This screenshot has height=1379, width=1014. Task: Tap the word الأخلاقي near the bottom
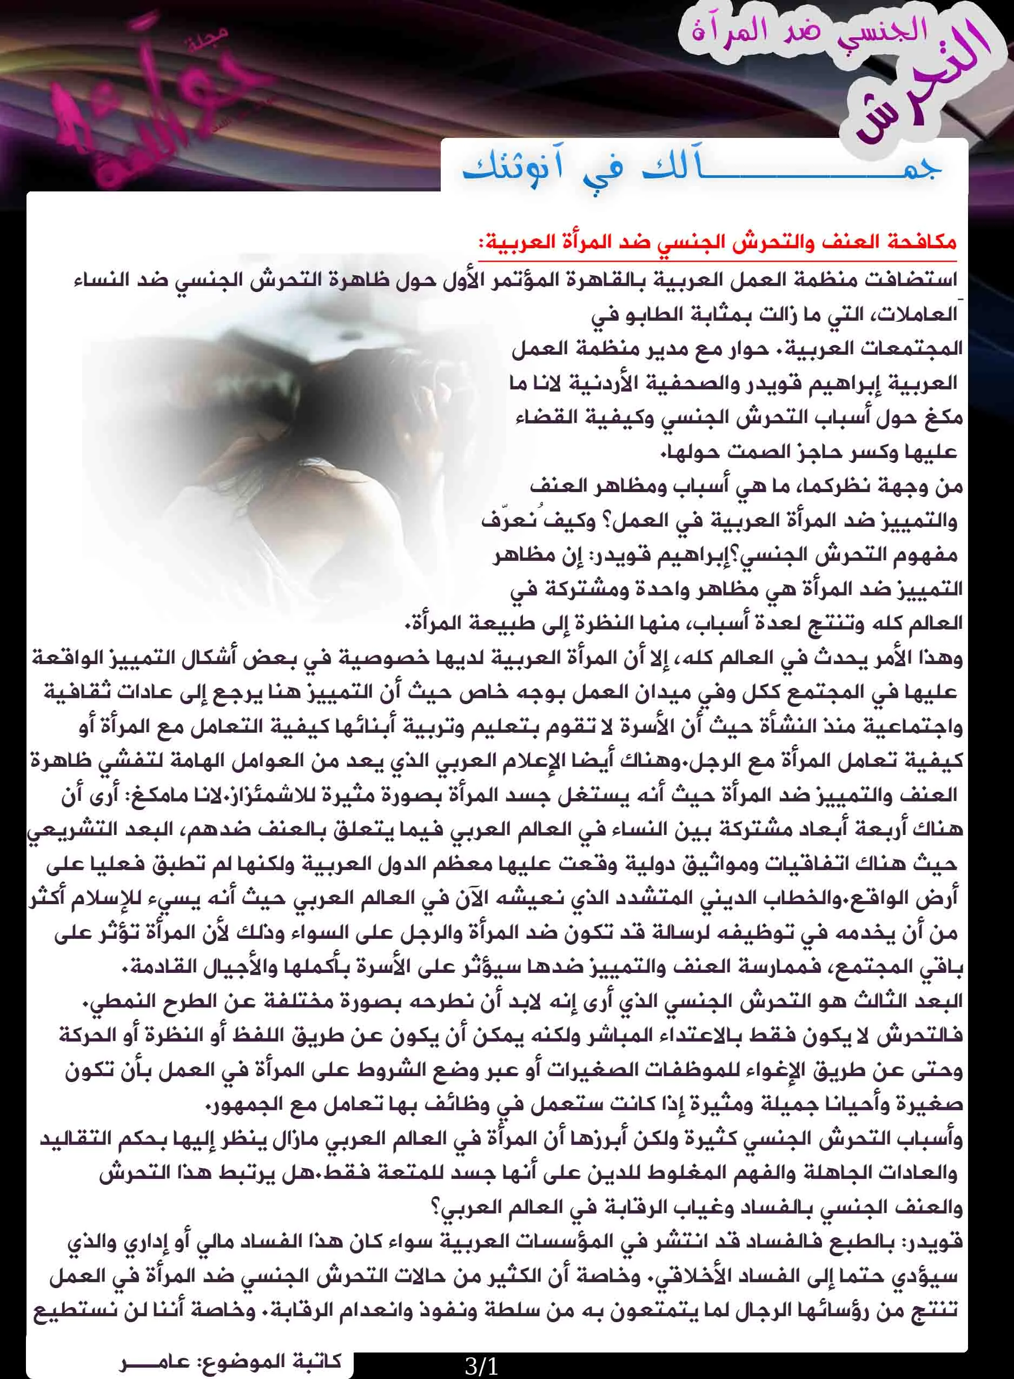[687, 1277]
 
